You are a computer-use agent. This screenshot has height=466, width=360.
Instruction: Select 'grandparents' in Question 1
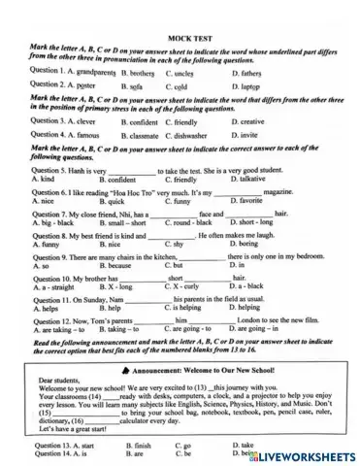coord(94,73)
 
